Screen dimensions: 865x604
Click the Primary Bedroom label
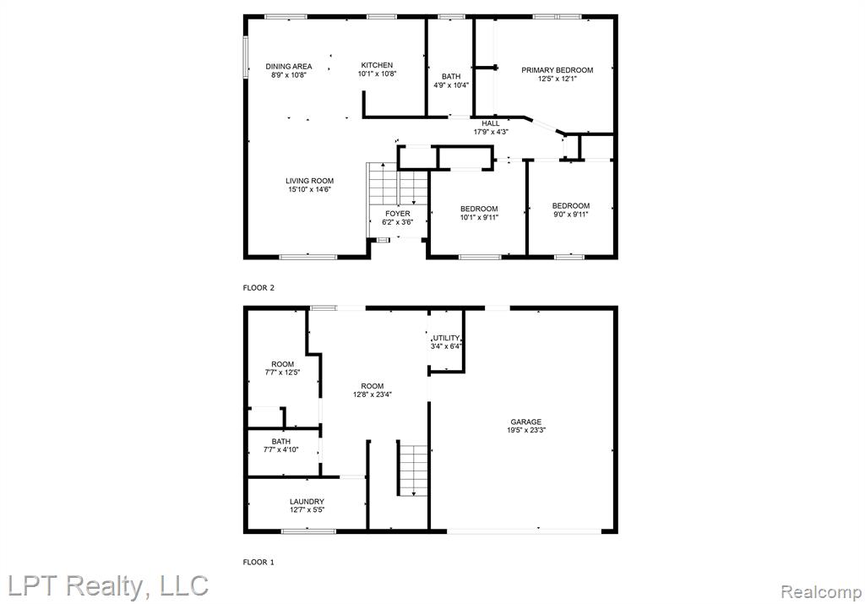tap(558, 70)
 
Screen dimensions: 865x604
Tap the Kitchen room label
tap(378, 65)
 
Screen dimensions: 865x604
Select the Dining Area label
tap(289, 66)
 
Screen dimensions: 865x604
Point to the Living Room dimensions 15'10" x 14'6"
tap(309, 189)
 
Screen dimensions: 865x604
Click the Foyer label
tap(398, 214)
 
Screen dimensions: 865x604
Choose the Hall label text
tap(491, 123)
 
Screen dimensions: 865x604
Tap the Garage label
tap(525, 422)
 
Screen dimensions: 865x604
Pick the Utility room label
tap(446, 338)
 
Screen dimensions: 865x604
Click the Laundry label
tap(307, 502)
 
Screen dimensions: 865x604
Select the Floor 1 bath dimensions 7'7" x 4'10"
tap(280, 449)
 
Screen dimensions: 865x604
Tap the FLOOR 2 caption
tap(258, 288)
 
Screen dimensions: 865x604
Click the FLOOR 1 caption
tap(258, 563)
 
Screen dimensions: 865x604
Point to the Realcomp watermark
tap(821, 593)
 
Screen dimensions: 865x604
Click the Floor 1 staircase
tap(412, 470)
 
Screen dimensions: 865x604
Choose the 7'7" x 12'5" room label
tap(282, 368)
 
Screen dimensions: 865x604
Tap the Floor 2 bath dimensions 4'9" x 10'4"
tap(451, 85)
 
